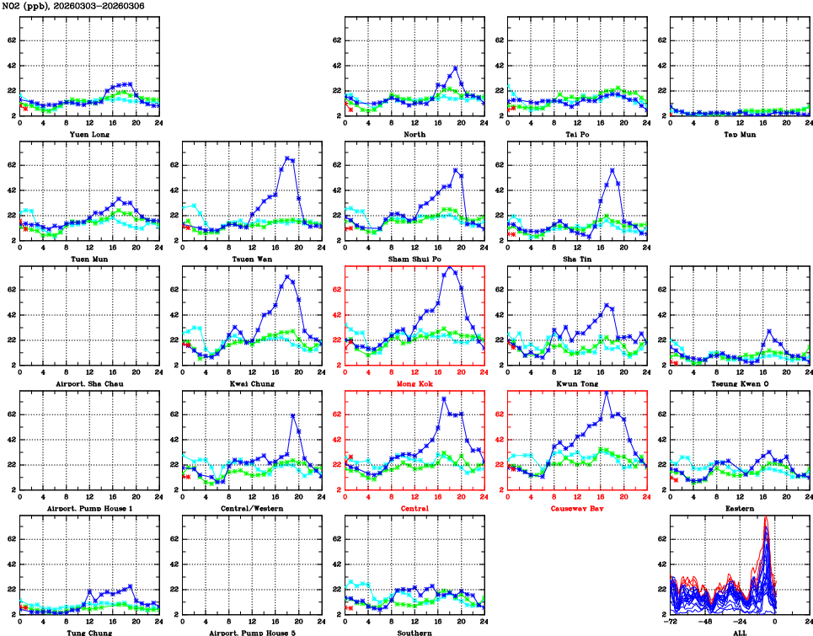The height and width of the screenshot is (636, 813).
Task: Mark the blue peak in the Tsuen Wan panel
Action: tap(287, 158)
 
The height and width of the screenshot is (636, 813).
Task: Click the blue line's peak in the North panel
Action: tap(456, 67)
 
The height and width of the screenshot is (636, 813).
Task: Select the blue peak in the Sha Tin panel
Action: tap(612, 169)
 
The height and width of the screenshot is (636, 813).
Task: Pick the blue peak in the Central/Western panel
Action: tap(292, 415)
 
